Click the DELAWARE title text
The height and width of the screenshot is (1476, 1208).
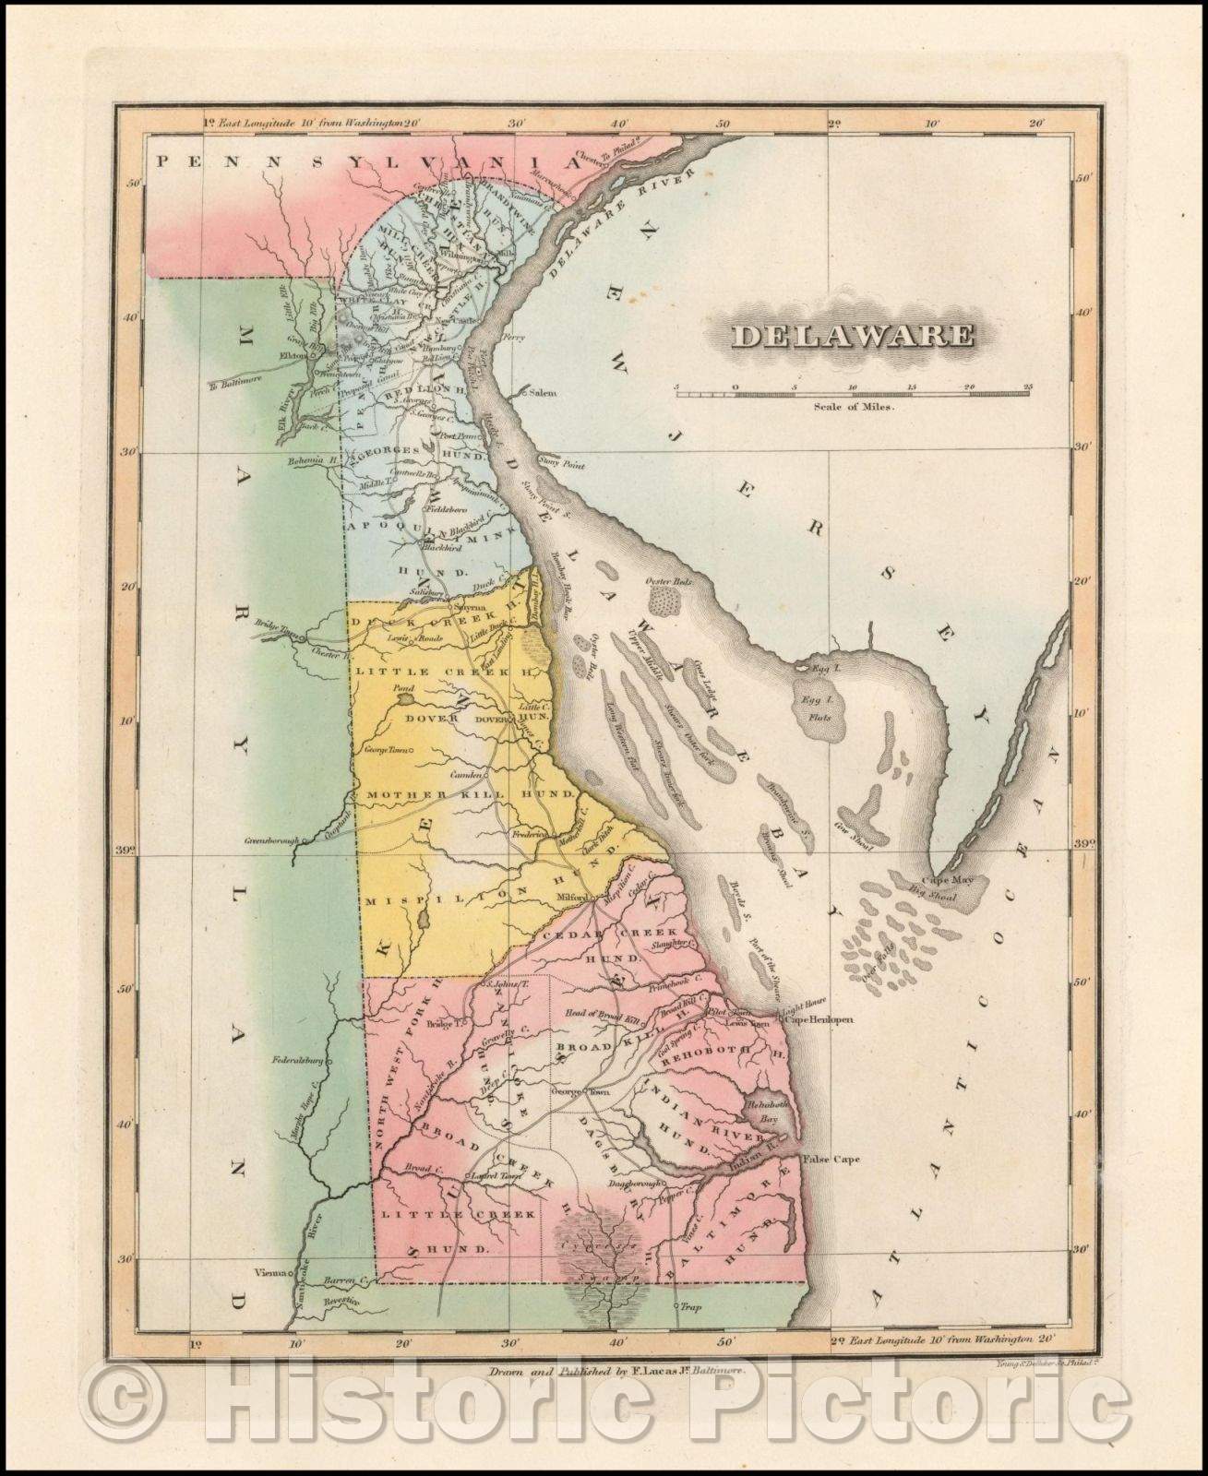tap(853, 334)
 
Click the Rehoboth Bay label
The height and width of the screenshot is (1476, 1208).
tap(766, 1110)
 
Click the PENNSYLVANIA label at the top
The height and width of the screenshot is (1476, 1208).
tap(369, 162)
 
